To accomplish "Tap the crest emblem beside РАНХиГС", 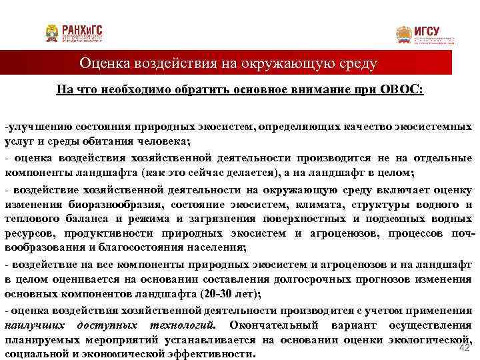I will [52, 33].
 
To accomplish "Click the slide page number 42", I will [465, 347].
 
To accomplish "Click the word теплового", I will [30, 219].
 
